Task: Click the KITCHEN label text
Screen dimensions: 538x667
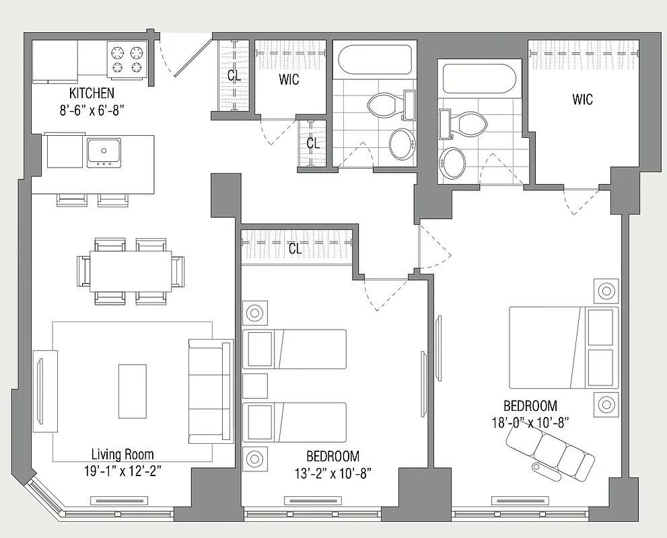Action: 92,93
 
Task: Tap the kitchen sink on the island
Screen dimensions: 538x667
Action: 104,152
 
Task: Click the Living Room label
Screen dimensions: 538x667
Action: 122,454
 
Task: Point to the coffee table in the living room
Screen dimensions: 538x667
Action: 133,390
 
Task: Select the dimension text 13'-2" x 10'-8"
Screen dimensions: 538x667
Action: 332,473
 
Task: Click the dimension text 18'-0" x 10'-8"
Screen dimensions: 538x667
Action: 531,422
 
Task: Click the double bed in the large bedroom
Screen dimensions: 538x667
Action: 563,348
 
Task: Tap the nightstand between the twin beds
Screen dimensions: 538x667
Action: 255,385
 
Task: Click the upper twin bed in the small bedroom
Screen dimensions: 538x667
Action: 293,348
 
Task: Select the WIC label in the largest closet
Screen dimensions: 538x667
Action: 583,100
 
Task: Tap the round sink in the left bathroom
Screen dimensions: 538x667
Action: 402,144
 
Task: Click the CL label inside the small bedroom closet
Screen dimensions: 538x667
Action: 295,249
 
